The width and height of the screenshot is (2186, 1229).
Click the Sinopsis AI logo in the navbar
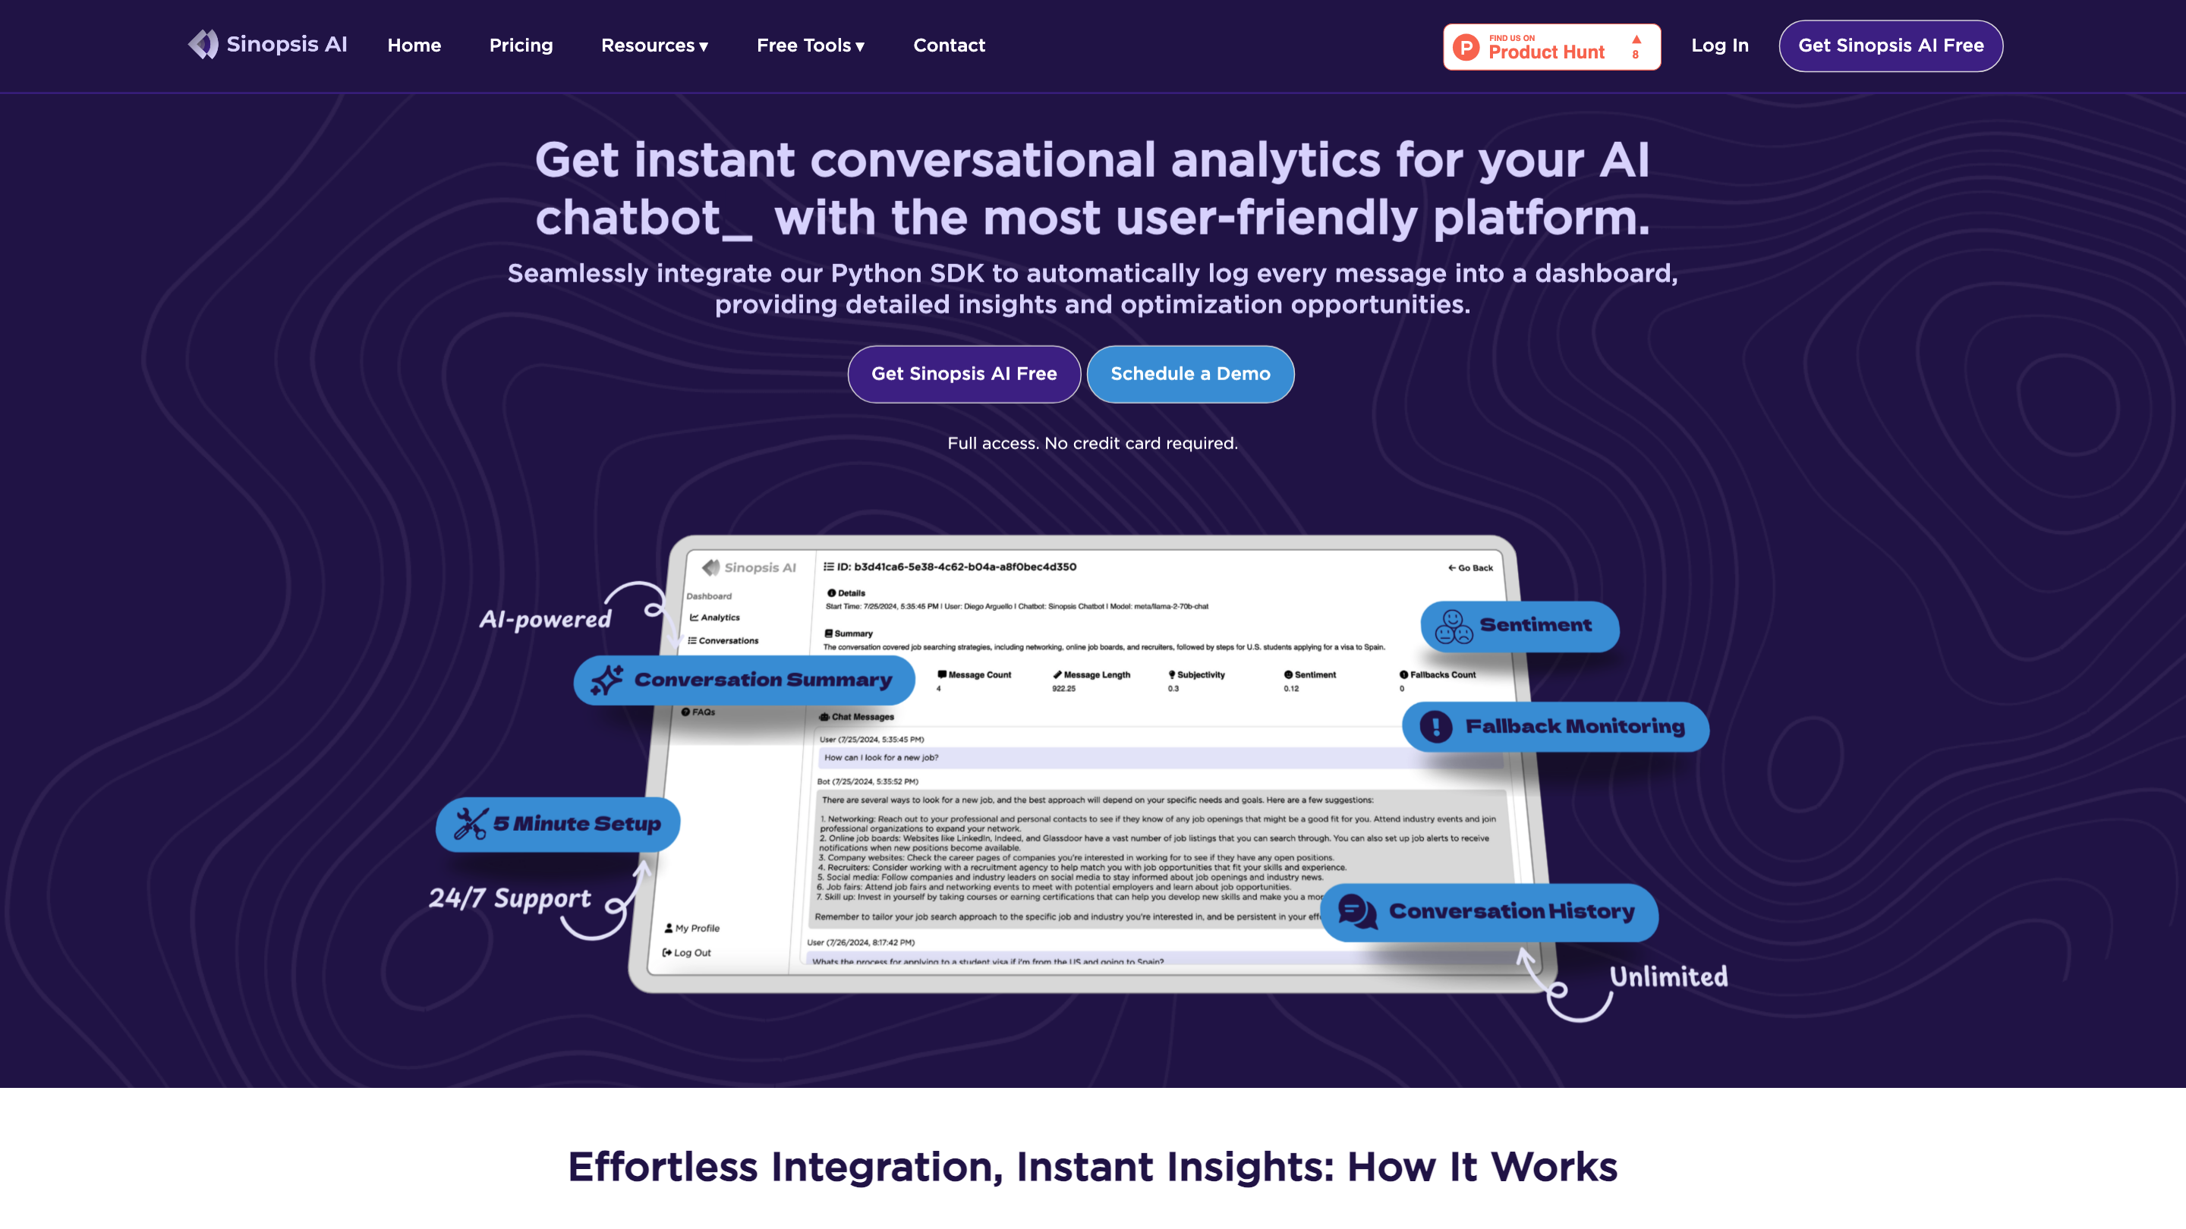(x=267, y=45)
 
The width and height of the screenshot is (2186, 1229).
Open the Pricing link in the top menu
(x=521, y=46)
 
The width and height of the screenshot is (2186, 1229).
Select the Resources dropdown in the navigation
(x=654, y=46)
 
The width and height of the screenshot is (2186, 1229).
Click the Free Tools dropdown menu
(x=811, y=46)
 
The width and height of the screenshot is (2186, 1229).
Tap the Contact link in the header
(x=949, y=46)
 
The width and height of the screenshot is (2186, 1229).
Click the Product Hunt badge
(x=1551, y=46)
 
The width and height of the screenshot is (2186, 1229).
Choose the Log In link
(x=1719, y=46)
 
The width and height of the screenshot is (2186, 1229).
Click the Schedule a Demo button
(x=1189, y=374)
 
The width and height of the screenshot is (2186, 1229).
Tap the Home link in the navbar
(x=414, y=46)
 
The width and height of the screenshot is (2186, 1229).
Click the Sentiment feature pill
(x=1519, y=626)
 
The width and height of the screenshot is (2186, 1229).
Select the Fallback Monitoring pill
(x=1554, y=727)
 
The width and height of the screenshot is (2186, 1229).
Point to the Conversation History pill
(x=1488, y=912)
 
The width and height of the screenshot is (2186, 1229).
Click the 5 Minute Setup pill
(x=558, y=824)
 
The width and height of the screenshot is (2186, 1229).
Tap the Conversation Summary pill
(x=743, y=681)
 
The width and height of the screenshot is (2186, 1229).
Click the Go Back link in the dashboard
(x=1471, y=568)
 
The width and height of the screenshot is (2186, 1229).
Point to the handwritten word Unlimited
(x=1668, y=977)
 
